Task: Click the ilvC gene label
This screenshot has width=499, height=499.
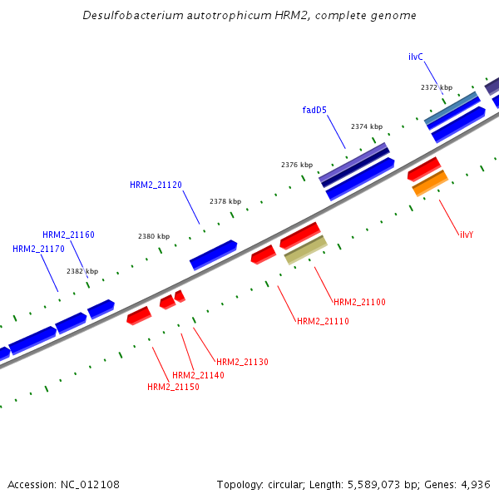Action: (416, 57)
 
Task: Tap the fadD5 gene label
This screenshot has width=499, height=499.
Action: (314, 109)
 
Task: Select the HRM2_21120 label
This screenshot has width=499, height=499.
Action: (156, 185)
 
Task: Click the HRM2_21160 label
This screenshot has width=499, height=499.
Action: (68, 235)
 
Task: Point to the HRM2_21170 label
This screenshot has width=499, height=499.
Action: (38, 249)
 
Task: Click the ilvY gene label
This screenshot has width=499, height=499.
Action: (467, 235)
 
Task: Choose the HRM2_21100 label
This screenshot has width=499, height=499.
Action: (359, 302)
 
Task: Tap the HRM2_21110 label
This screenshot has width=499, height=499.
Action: (323, 321)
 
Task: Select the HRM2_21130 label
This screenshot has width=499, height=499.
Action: (242, 362)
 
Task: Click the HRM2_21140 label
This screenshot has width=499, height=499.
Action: (199, 375)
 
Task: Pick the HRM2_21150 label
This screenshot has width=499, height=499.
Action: (173, 387)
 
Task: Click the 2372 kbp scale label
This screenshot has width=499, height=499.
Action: (437, 87)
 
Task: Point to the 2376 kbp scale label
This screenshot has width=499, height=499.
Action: (297, 165)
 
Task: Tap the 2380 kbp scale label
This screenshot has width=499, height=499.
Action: (154, 236)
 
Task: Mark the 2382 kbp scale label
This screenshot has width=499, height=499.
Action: (82, 271)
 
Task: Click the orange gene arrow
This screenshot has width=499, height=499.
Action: (430, 183)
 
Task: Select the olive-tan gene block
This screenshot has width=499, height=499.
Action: (305, 249)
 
